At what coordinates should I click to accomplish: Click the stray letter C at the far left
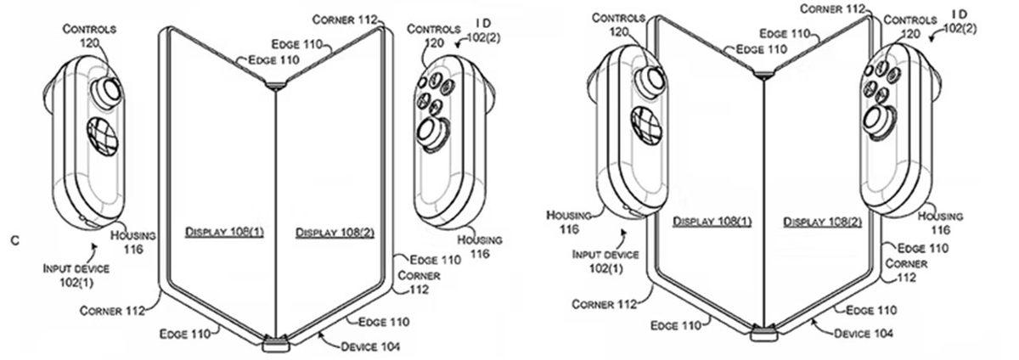[x=14, y=242]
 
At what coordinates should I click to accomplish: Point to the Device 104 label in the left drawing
[x=370, y=346]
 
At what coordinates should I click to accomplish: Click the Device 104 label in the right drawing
[x=864, y=334]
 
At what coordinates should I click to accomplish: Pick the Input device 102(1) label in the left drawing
[x=76, y=274]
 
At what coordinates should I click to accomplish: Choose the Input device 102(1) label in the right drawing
[x=605, y=259]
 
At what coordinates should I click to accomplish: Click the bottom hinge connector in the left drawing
[x=276, y=343]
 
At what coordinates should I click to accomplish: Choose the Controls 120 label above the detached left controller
[x=89, y=35]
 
